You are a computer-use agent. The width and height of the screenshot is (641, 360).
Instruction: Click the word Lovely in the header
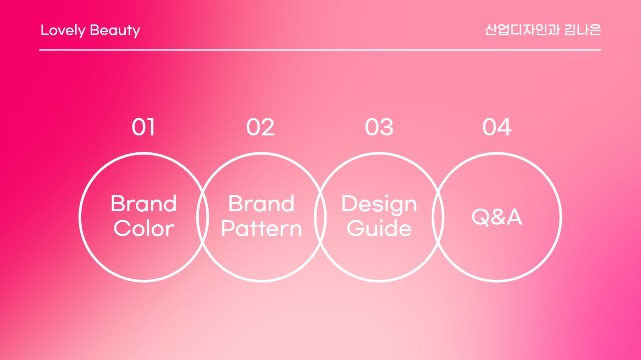pyautogui.click(x=63, y=31)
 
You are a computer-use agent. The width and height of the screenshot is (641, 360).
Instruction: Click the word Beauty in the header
pyautogui.click(x=115, y=31)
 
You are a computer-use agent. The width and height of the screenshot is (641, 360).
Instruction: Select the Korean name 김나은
pyautogui.click(x=582, y=30)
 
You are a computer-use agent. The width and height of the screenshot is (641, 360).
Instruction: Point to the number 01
pyautogui.click(x=143, y=127)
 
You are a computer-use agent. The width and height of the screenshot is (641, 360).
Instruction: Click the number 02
pyautogui.click(x=260, y=127)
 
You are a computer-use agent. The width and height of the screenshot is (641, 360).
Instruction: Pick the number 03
pyautogui.click(x=379, y=127)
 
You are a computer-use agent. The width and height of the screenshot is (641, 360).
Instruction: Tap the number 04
pyautogui.click(x=497, y=127)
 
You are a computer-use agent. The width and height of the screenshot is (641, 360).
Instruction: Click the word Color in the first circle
pyautogui.click(x=144, y=229)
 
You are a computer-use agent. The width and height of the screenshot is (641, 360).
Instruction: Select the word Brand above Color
pyautogui.click(x=144, y=203)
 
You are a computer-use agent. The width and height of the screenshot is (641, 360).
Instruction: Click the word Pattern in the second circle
pyautogui.click(x=261, y=229)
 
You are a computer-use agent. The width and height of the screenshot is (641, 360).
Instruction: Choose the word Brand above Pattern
pyautogui.click(x=261, y=203)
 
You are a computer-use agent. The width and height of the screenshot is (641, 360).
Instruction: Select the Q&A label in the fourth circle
pyautogui.click(x=497, y=217)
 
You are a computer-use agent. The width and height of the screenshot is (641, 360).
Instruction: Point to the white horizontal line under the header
pyautogui.click(x=320, y=50)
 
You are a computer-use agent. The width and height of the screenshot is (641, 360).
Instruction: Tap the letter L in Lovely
pyautogui.click(x=44, y=30)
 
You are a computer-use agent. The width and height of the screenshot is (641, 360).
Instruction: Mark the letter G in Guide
pyautogui.click(x=356, y=228)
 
